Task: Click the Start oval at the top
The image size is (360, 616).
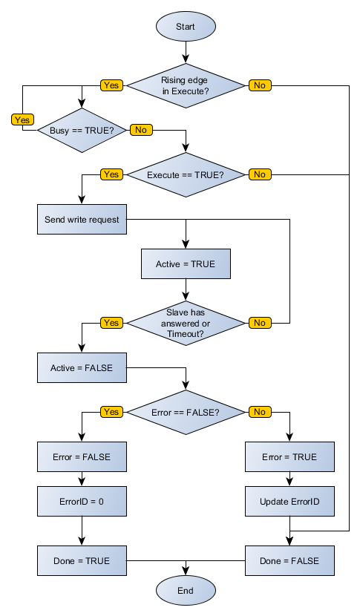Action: click(186, 26)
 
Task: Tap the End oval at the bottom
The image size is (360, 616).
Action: click(186, 591)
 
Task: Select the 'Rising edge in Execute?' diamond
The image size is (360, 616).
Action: click(186, 85)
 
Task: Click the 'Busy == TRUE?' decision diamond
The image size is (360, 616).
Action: click(82, 130)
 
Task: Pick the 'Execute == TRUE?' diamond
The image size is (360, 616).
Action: click(186, 174)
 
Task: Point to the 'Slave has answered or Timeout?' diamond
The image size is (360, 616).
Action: click(186, 323)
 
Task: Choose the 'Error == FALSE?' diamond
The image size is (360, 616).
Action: click(186, 412)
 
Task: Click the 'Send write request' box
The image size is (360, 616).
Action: click(82, 220)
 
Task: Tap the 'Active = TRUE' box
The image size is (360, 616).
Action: click(186, 264)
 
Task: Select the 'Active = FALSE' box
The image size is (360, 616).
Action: click(82, 368)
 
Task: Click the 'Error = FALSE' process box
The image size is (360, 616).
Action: click(82, 457)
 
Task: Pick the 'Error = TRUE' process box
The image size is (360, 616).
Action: click(289, 457)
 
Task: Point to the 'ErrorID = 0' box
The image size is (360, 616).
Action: click(82, 502)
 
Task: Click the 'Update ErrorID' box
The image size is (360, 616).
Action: click(289, 502)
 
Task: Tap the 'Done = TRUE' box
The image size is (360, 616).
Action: click(82, 561)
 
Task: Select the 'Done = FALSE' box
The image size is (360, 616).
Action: click(289, 561)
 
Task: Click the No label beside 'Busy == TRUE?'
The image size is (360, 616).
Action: click(141, 130)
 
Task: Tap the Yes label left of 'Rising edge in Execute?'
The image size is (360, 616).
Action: click(111, 85)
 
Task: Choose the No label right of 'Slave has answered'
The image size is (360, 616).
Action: click(260, 323)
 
